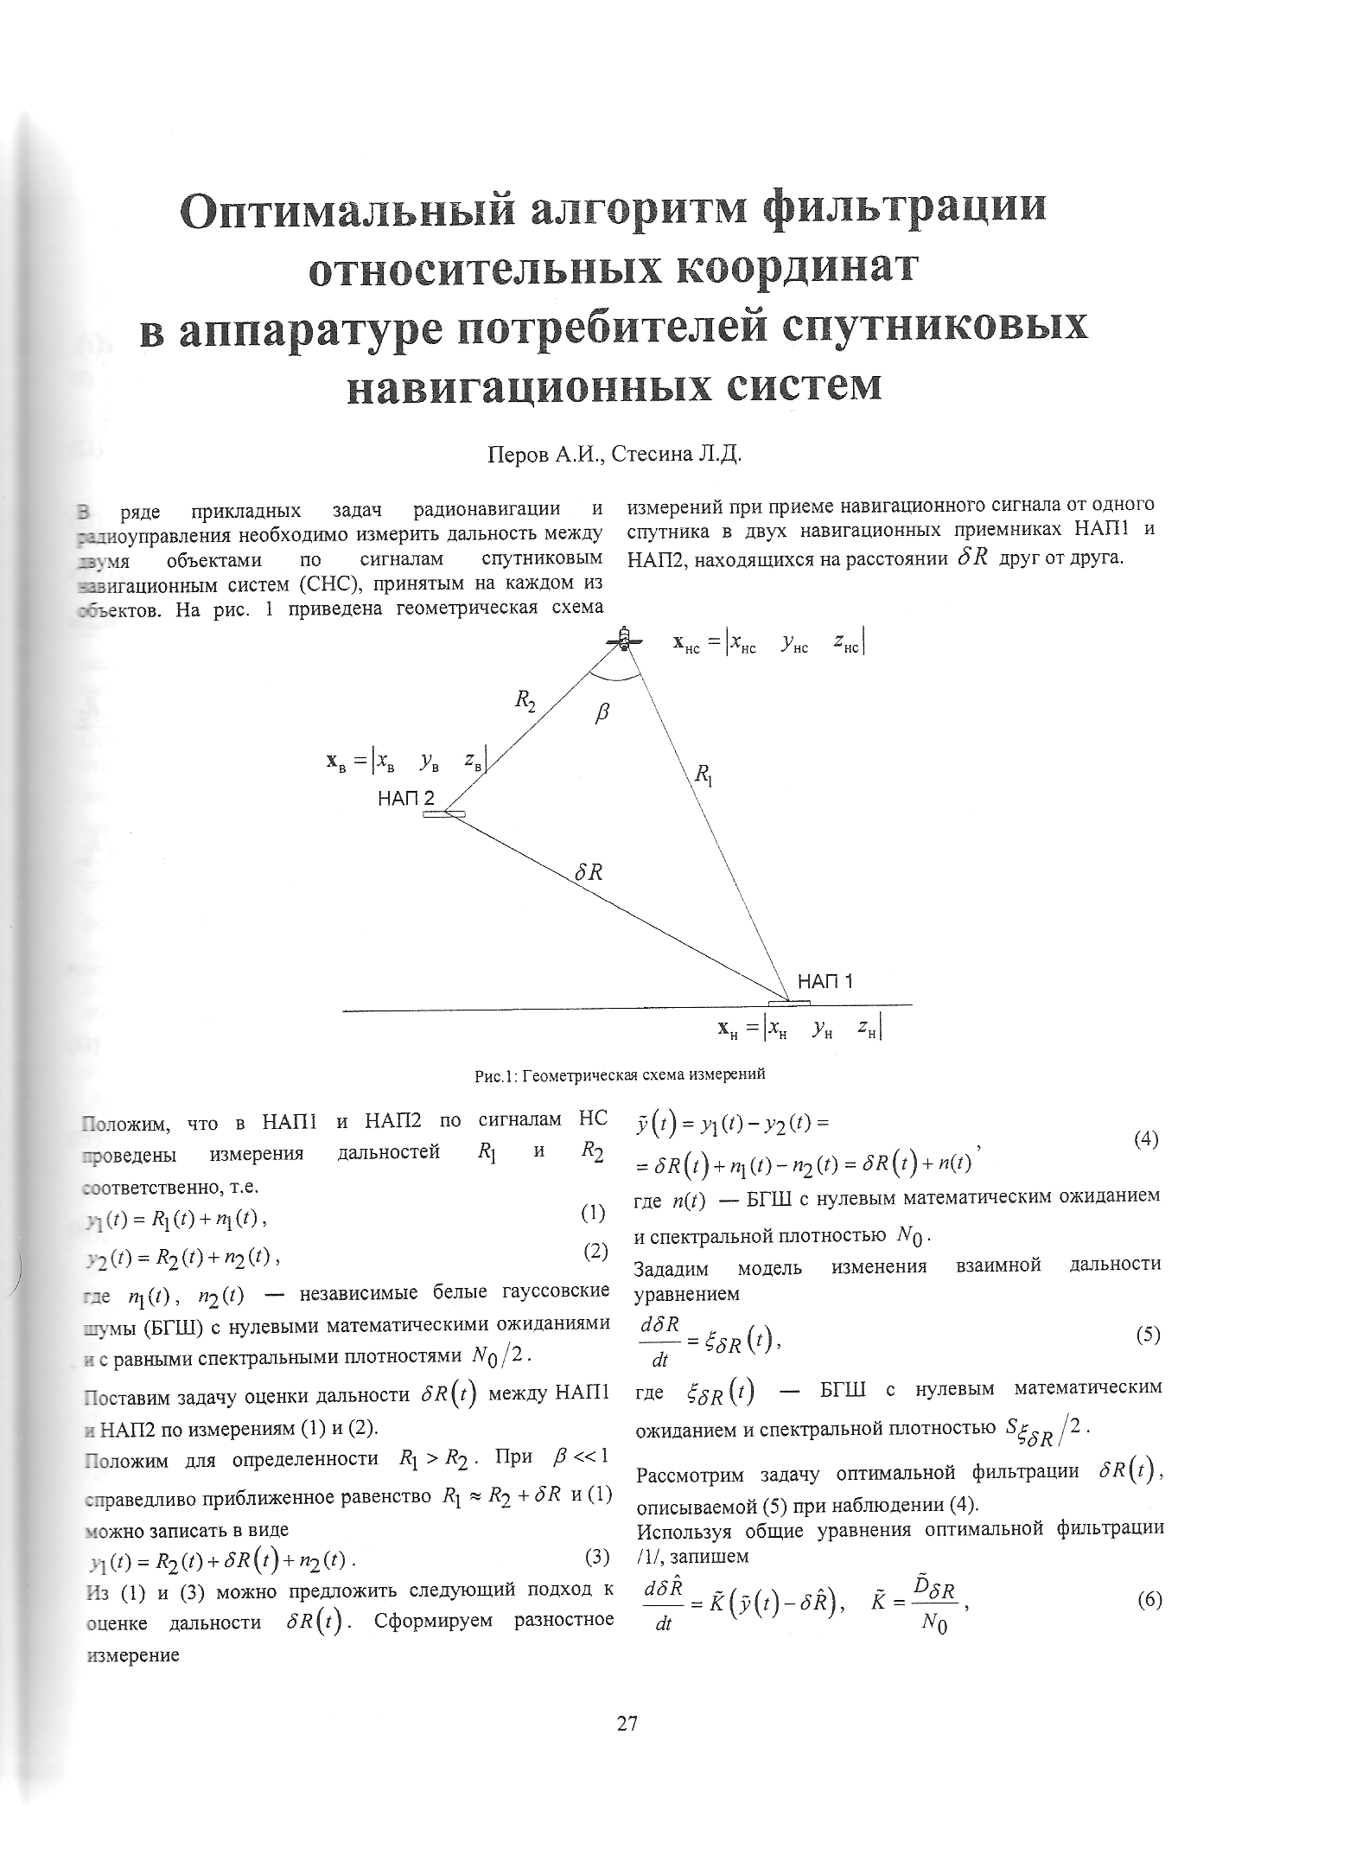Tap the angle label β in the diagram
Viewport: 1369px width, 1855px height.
click(x=603, y=713)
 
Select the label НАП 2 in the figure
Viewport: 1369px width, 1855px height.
click(x=406, y=798)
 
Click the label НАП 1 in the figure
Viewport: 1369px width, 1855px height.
click(x=825, y=981)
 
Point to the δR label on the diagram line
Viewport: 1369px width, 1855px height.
click(x=588, y=873)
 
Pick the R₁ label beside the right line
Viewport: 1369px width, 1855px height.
click(x=704, y=772)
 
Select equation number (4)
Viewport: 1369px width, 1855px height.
click(x=1145, y=1138)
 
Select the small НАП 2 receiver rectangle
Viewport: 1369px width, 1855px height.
click(x=444, y=813)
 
